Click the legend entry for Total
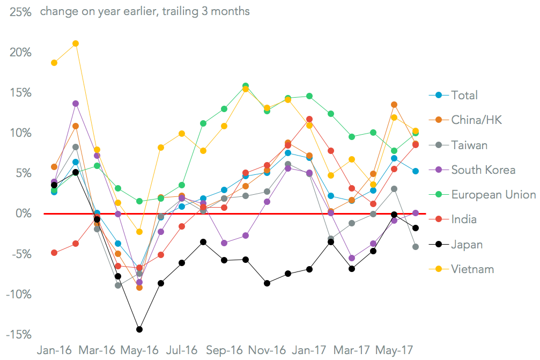click(x=464, y=95)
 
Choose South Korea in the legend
click(x=483, y=170)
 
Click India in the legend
click(x=464, y=219)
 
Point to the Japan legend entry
click(x=467, y=245)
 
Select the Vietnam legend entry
click(x=472, y=269)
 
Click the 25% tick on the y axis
click(x=20, y=12)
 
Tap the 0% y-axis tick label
click(x=24, y=214)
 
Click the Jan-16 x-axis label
click(x=54, y=350)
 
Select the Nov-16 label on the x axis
click(x=267, y=350)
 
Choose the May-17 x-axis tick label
click(x=394, y=350)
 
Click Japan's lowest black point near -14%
click(x=139, y=329)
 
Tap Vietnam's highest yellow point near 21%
click(x=76, y=43)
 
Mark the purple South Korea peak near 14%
click(x=76, y=104)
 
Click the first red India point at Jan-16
click(x=54, y=253)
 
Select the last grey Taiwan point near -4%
click(x=416, y=247)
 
